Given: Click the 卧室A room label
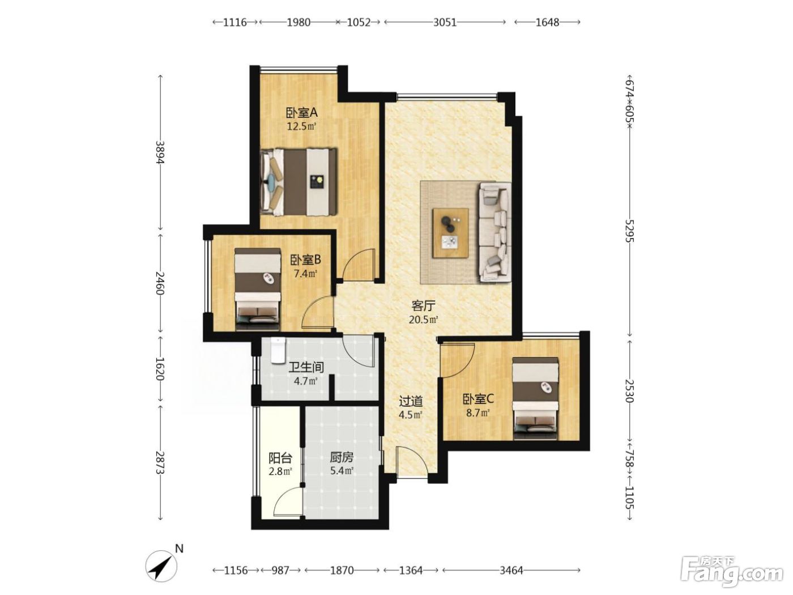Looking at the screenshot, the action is (302, 113).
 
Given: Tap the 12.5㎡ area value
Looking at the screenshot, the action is (302, 126).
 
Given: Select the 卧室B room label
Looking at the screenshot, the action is (306, 260).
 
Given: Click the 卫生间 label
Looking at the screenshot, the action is (306, 367).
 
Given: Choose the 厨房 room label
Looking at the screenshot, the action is (342, 457).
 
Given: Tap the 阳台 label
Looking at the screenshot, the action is (280, 458).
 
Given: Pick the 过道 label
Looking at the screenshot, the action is (411, 401).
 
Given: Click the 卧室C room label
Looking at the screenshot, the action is (478, 399).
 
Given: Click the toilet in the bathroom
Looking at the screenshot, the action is (278, 350).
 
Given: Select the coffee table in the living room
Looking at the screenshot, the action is (450, 233).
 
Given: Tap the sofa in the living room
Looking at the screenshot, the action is (495, 232).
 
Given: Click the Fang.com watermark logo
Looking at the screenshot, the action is (732, 572).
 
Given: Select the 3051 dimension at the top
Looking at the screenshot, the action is (445, 22).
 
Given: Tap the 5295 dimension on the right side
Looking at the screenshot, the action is (629, 231).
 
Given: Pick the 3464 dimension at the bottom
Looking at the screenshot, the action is (511, 570).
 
